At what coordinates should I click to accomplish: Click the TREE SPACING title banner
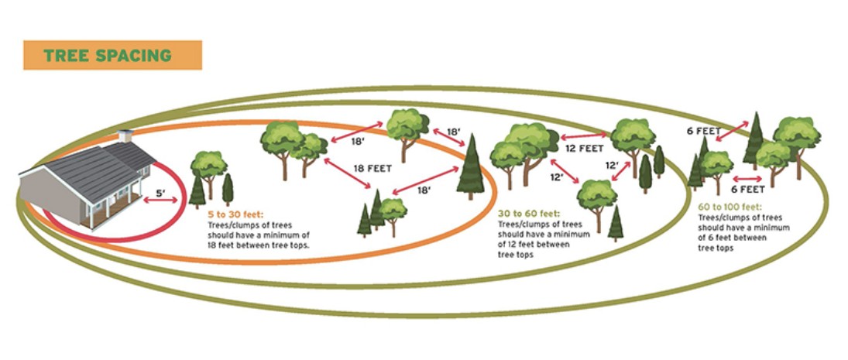pyautogui.click(x=112, y=55)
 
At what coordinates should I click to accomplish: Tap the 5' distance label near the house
pyautogui.click(x=160, y=189)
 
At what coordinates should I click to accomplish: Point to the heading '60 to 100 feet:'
pyautogui.click(x=730, y=207)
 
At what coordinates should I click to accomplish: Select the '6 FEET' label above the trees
pyautogui.click(x=703, y=132)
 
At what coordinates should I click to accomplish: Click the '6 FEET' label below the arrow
pyautogui.click(x=748, y=188)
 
